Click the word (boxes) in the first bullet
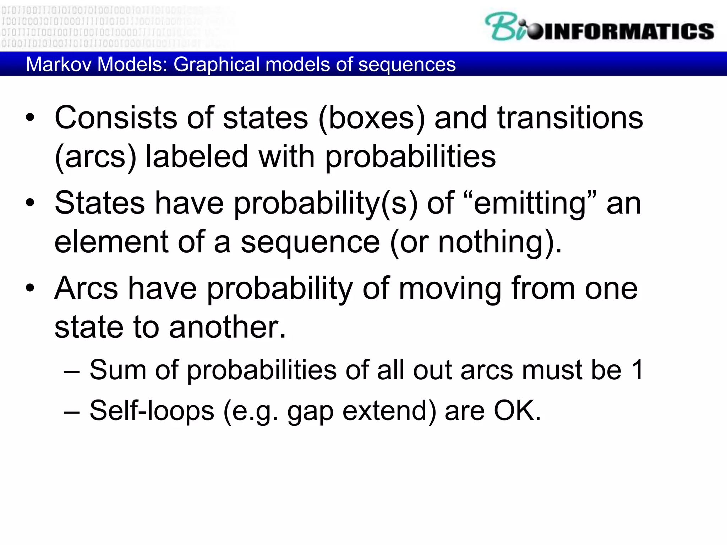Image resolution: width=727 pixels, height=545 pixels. click(x=371, y=118)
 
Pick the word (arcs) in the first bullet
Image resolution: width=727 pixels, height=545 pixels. click(x=95, y=157)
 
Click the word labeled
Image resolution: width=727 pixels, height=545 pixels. click(x=197, y=157)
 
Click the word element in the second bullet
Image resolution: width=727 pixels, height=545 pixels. click(x=111, y=242)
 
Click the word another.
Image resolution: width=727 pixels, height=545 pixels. click(x=227, y=327)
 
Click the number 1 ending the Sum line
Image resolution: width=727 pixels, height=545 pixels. click(x=638, y=370)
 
